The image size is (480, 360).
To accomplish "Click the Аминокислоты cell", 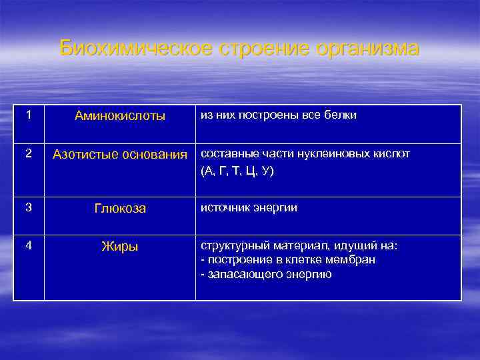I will [x=120, y=116].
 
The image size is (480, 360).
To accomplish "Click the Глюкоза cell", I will [x=120, y=209].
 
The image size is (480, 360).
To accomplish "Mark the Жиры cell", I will [x=120, y=247].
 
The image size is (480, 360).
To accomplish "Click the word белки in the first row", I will [x=342, y=115].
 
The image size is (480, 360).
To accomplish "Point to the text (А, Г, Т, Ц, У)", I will [x=237, y=171].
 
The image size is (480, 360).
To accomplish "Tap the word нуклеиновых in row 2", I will [x=316, y=154].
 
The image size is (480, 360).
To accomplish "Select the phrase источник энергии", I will [x=249, y=208].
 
